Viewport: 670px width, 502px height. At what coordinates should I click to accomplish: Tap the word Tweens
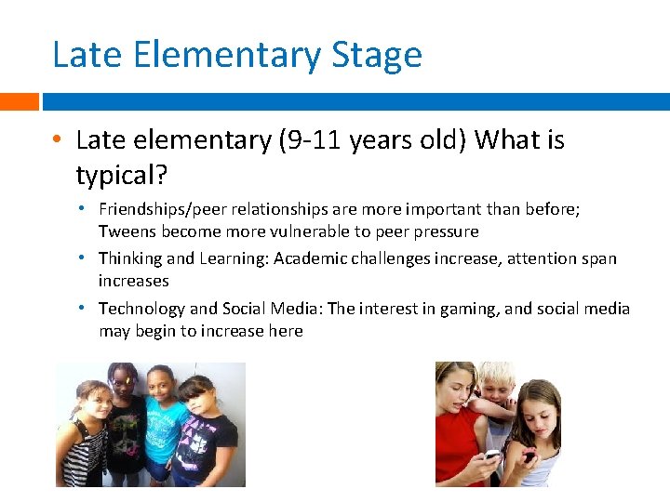pos(127,231)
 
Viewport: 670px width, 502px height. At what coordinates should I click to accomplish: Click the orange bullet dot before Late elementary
pos(58,141)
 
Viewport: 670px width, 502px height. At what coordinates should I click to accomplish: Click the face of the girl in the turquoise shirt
pos(164,388)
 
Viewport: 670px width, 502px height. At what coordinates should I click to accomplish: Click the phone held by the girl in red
pos(491,456)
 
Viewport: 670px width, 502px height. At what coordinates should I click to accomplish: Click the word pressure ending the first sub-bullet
pos(446,231)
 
